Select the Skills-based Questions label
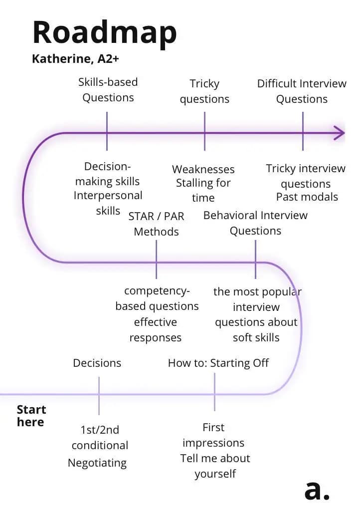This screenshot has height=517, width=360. point(108,90)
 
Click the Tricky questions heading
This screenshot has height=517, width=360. point(204,91)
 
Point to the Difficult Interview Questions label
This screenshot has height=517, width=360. point(302,91)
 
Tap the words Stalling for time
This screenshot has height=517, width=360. point(203,190)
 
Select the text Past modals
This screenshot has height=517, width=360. point(307,197)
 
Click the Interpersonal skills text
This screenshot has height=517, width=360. point(108,203)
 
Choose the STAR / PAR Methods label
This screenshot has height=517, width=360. point(156,224)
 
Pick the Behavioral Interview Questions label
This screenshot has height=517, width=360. point(255,223)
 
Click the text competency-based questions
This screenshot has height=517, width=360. point(157,298)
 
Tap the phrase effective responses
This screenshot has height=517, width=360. point(156,330)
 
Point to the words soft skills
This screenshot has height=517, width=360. point(256,337)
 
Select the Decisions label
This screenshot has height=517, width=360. point(97,363)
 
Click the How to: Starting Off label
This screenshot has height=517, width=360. point(218,363)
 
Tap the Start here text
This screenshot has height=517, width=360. point(31,416)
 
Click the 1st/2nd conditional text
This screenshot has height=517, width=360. point(100,438)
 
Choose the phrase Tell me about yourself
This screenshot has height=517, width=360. point(215,466)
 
